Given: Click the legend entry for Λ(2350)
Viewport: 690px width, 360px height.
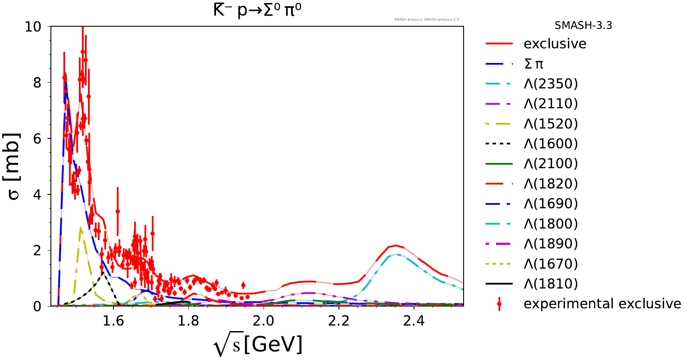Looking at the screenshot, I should click(x=551, y=84).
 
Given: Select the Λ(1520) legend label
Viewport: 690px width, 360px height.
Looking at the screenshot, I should click(x=551, y=124).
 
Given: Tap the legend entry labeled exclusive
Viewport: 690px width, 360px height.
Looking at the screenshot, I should click(x=555, y=44).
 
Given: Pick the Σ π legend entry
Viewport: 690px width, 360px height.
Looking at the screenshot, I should click(x=533, y=64).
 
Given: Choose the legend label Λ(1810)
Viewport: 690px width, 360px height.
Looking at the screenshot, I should click(x=551, y=284).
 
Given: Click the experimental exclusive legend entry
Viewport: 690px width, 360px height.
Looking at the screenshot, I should click(x=602, y=304).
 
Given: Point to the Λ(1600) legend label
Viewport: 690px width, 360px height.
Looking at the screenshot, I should click(x=551, y=144).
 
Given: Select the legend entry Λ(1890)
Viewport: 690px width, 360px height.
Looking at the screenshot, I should click(x=551, y=244).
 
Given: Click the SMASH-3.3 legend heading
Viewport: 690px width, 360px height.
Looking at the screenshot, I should click(x=583, y=25).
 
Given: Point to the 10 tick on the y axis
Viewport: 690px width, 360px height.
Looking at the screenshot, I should click(x=33, y=27).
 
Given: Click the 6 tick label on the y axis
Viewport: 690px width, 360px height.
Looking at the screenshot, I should click(x=37, y=138).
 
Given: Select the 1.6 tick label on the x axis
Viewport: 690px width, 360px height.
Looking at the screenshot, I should click(x=113, y=321).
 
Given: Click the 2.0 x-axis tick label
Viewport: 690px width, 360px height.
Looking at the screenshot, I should click(x=263, y=321).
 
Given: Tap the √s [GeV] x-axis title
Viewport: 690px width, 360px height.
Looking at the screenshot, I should click(x=257, y=345).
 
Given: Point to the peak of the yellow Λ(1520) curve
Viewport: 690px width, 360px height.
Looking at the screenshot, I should click(x=81, y=228).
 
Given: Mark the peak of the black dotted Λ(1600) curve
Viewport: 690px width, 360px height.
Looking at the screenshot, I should click(x=103, y=272).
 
